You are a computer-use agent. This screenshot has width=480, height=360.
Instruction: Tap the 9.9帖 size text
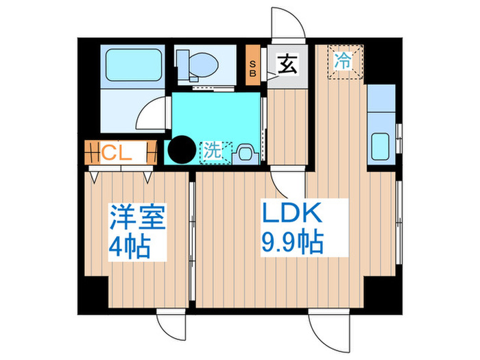tap(291, 243)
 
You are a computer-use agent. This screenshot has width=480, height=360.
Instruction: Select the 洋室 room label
tap(137, 221)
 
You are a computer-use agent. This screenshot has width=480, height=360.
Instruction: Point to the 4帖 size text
tap(130, 246)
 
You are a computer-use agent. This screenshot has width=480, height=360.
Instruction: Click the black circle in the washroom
tap(182, 150)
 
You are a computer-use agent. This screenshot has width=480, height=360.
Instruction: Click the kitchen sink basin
tap(381, 147)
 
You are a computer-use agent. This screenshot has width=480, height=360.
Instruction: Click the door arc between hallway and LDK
tap(283, 184)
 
